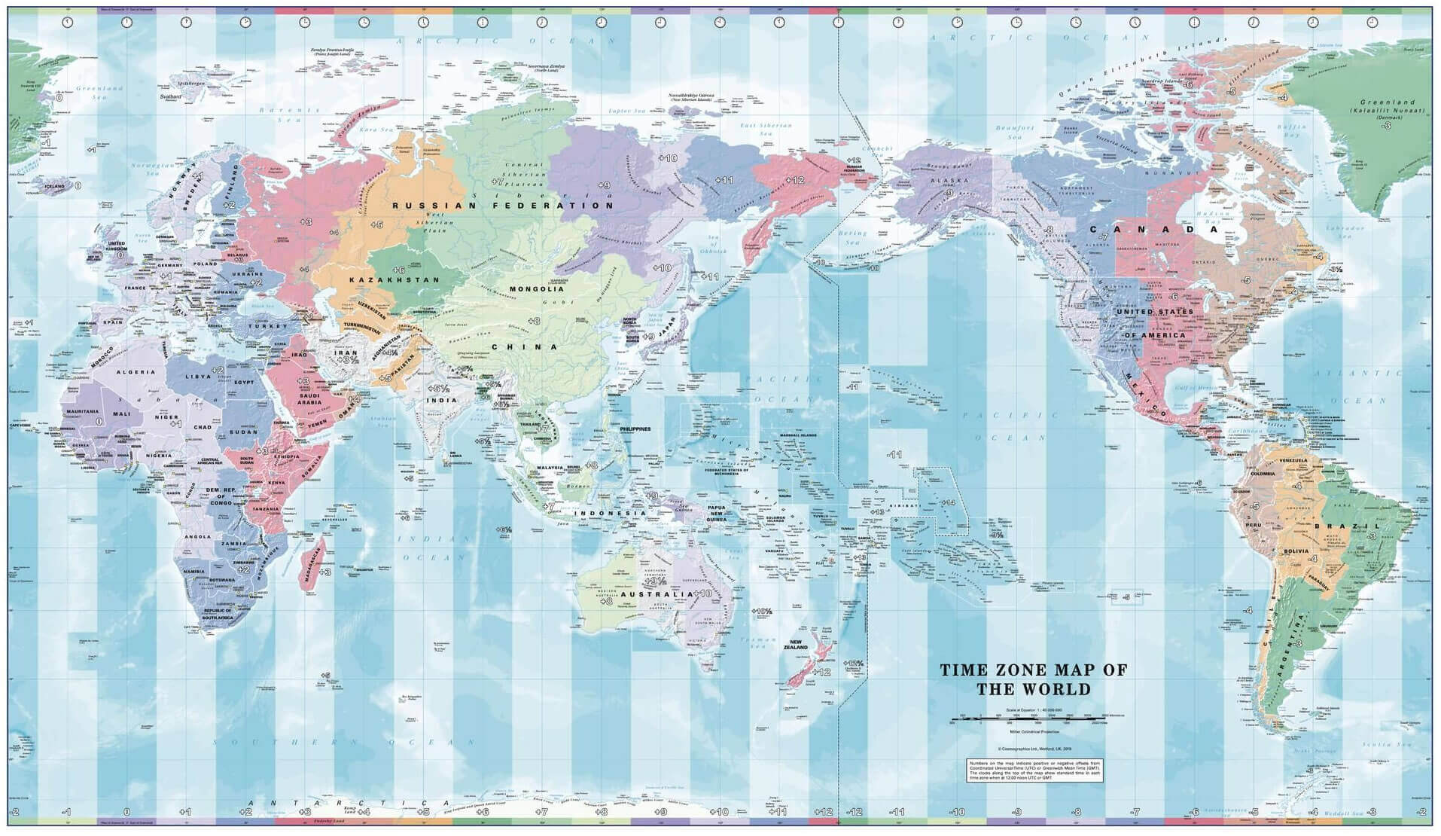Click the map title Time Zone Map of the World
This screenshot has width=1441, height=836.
tap(1033, 679)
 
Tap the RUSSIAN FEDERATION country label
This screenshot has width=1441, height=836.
tap(503, 205)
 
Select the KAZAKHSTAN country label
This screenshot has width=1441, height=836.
tap(394, 279)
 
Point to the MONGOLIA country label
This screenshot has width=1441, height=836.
tap(537, 289)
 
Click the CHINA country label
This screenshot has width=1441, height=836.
tap(525, 347)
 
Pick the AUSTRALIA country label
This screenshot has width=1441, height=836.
tap(657, 594)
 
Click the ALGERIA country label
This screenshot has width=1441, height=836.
tap(136, 372)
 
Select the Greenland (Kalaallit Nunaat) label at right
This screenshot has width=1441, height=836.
tap(1387, 105)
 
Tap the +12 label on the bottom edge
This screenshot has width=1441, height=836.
tap(823, 813)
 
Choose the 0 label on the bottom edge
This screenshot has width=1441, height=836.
tap(126, 813)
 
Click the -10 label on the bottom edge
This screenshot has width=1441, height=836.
tap(956, 813)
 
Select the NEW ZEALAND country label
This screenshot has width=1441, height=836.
tap(796, 644)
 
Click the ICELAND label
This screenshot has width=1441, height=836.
tap(55, 185)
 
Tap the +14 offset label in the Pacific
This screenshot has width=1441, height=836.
tap(948, 502)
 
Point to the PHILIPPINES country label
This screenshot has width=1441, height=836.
tap(635, 429)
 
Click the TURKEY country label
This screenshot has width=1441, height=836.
tap(267, 326)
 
